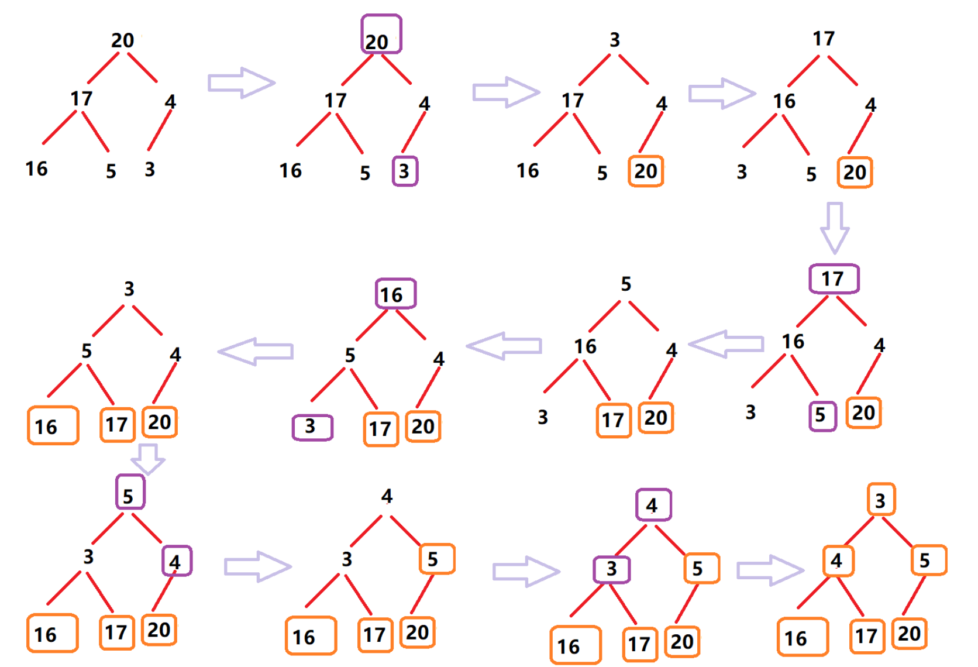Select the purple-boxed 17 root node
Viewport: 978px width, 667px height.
(x=834, y=279)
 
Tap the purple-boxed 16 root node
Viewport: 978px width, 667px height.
(x=395, y=294)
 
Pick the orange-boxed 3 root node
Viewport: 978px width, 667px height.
(x=881, y=500)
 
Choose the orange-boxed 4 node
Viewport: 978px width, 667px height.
(x=838, y=561)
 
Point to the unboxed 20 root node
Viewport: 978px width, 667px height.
(x=123, y=40)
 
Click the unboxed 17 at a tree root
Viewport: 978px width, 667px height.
(x=824, y=39)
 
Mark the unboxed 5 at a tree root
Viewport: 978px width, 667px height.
(x=626, y=284)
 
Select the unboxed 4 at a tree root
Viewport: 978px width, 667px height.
(x=387, y=496)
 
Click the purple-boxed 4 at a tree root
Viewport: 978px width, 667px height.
(x=653, y=505)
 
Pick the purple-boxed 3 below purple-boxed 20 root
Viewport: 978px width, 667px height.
(x=405, y=171)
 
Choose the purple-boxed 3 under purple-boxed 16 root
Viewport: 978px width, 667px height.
(x=312, y=427)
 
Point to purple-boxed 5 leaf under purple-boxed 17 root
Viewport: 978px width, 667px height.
(x=822, y=415)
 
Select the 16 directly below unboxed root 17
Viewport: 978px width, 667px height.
(x=784, y=101)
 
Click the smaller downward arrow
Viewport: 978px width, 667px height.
(x=147, y=458)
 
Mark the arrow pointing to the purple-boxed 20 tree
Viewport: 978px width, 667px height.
(x=241, y=82)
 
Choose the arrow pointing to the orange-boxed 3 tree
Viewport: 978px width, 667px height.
(x=769, y=570)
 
